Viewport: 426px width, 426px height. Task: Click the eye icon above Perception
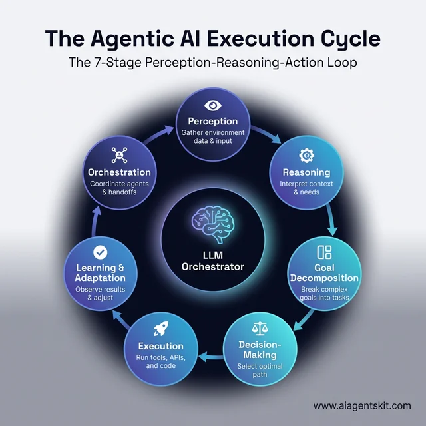coord(212,105)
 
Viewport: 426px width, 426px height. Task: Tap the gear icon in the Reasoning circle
coord(306,156)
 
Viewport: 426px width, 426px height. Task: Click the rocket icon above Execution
coord(160,328)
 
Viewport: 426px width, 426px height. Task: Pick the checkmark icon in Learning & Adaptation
coord(100,252)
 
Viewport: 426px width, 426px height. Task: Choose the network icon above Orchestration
coord(120,154)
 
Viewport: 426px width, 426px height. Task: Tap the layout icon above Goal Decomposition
coord(324,252)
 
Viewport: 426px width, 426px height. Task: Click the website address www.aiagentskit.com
coord(361,405)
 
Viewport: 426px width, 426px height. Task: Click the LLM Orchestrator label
coord(212,260)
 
